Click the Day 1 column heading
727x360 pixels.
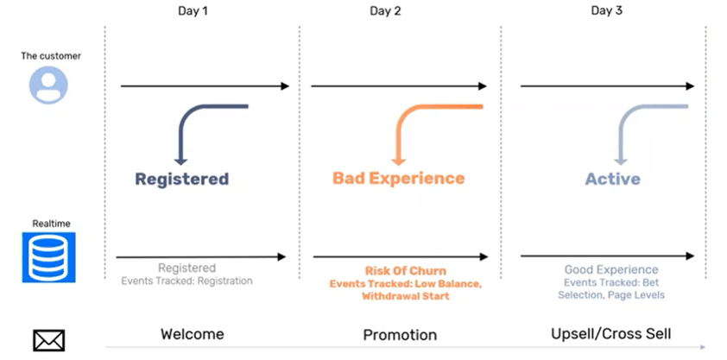193,11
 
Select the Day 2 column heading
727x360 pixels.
385,11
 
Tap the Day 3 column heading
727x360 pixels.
606,11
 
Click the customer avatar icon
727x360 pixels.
48,85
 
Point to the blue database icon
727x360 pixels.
48,257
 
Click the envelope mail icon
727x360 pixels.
48,340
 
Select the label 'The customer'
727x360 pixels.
51,56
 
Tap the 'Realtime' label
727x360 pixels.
51,224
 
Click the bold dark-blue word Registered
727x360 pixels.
181,179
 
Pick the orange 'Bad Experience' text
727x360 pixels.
398,179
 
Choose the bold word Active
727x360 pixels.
612,179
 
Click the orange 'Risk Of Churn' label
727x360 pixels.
406,270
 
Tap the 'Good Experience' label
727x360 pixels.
611,269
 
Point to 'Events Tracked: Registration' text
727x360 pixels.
186,281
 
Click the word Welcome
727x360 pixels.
193,334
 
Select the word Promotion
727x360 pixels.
400,335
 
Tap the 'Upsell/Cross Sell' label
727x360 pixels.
611,334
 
